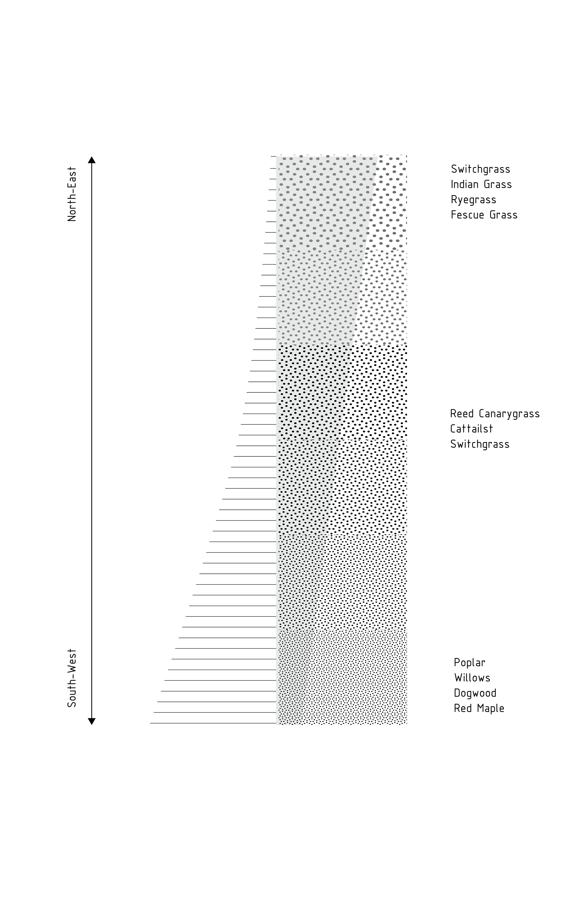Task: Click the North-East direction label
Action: pyautogui.click(x=72, y=194)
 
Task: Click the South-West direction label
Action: pyautogui.click(x=72, y=678)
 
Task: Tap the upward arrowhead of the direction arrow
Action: pyautogui.click(x=91, y=160)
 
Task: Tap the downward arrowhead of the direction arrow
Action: pyautogui.click(x=91, y=721)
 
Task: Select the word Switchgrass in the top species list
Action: pyautogui.click(x=480, y=169)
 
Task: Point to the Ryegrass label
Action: pyautogui.click(x=473, y=200)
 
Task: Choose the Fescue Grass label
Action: pyautogui.click(x=484, y=215)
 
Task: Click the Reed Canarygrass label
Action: pyautogui.click(x=495, y=414)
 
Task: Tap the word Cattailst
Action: pyautogui.click(x=471, y=429)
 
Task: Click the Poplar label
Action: pyautogui.click(x=470, y=663)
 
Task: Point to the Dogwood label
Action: pyautogui.click(x=475, y=693)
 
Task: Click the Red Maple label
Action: pyautogui.click(x=479, y=708)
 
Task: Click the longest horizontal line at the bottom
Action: pyautogui.click(x=213, y=723)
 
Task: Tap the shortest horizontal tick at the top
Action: pyautogui.click(x=274, y=157)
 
